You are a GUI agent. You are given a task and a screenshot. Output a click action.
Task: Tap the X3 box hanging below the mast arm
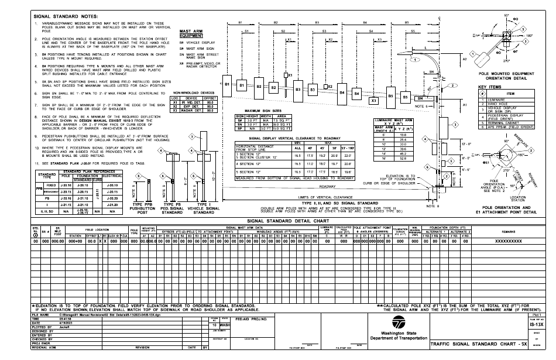[x=374, y=101]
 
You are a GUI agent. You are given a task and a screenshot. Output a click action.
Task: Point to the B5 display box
[x=391, y=96]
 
